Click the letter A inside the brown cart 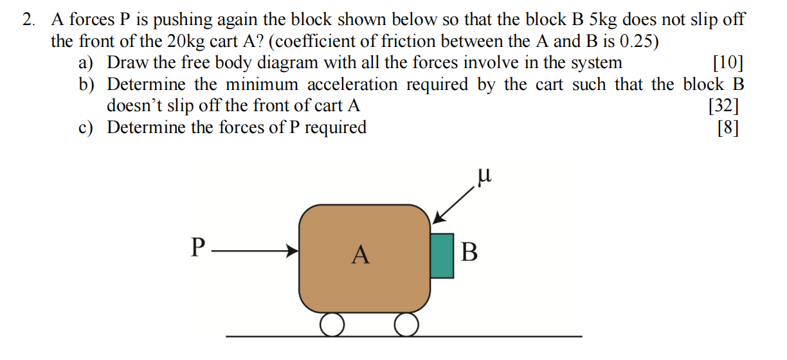(361, 255)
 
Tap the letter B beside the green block (470, 252)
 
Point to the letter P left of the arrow (199, 248)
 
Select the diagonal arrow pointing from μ (455, 203)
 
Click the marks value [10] (728, 62)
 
